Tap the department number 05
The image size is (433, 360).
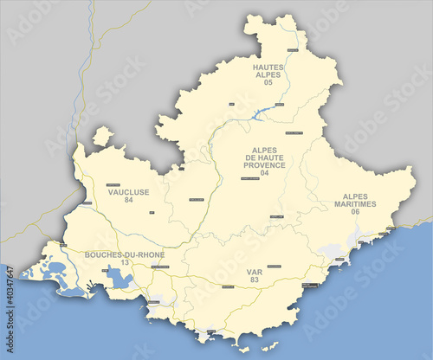click(268, 82)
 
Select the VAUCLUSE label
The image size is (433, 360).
click(129, 192)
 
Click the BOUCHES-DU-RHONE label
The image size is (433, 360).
click(125, 254)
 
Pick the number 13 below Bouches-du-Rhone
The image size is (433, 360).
click(125, 262)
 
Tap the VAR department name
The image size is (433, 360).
click(254, 272)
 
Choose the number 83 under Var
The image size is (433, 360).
click(254, 280)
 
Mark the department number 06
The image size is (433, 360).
click(355, 212)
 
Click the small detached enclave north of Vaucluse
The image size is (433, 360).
click(103, 136)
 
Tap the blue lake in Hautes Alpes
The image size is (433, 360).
click(262, 113)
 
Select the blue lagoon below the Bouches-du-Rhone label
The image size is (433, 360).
click(120, 279)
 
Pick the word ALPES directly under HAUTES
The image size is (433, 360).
click(268, 74)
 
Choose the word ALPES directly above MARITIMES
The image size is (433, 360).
click(355, 196)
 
